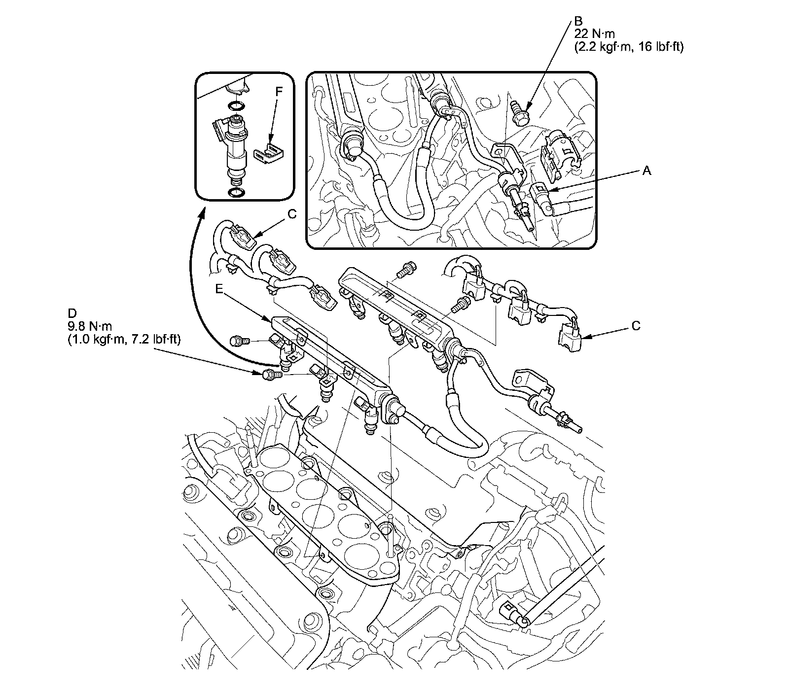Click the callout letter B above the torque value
point(577,22)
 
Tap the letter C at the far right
point(636,326)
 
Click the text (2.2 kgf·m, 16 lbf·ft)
point(629,47)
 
